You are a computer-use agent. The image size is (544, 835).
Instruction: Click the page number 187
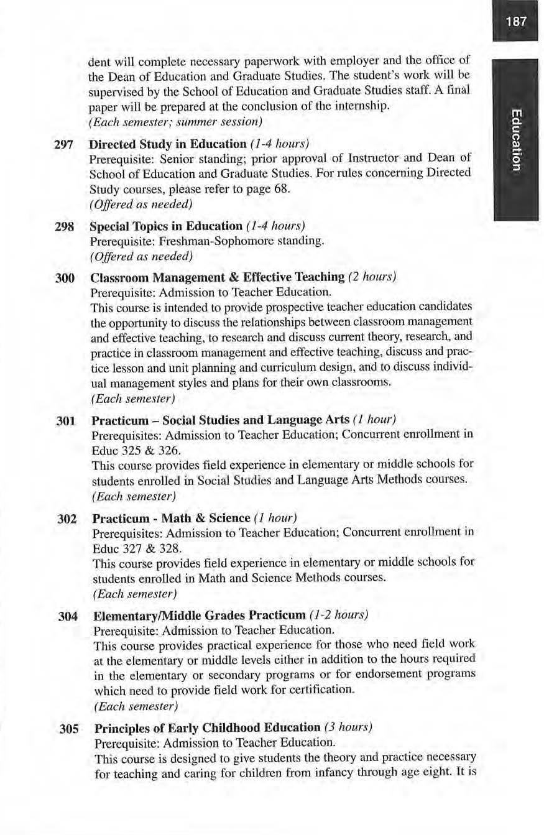point(516,21)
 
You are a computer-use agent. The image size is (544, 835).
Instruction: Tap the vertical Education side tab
point(516,139)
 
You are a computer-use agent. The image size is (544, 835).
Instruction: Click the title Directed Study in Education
point(168,144)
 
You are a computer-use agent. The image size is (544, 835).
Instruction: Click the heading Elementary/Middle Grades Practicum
point(199,616)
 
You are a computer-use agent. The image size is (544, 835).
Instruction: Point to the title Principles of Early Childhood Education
point(207,728)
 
